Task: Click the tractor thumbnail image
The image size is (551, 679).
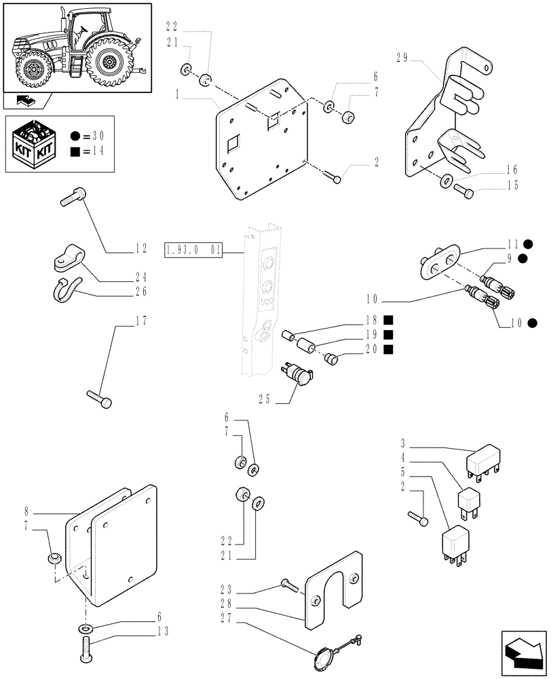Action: coord(75,47)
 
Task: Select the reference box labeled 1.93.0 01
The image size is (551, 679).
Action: coord(194,252)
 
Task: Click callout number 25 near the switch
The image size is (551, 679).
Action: coord(265,400)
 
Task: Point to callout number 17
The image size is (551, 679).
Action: coord(140,321)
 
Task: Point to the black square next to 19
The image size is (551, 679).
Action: coord(388,334)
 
